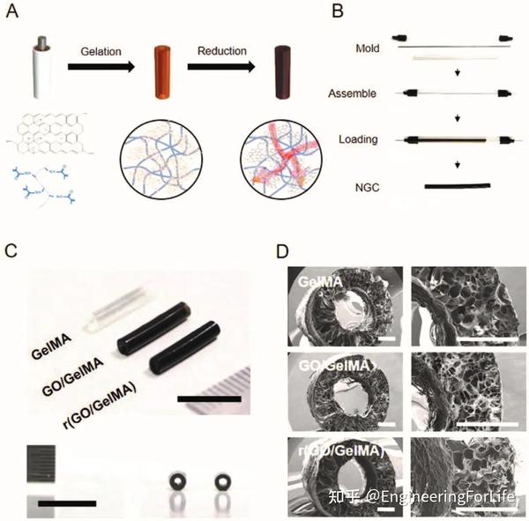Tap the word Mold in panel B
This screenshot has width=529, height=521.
365,48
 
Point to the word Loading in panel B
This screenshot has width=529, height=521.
360,139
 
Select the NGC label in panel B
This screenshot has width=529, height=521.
364,186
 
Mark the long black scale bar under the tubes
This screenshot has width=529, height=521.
208,399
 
